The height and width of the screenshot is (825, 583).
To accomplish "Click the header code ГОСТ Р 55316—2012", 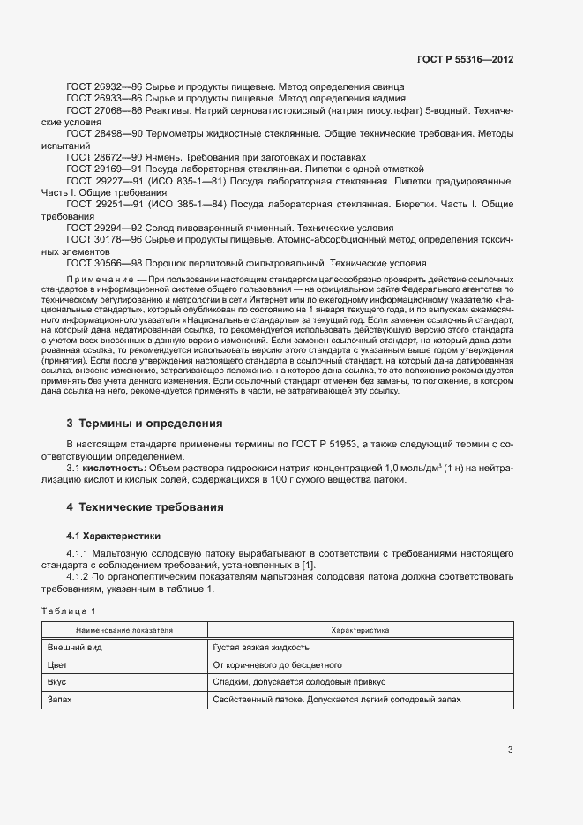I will (465, 60).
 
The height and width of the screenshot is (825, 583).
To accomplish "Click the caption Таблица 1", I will (69, 611).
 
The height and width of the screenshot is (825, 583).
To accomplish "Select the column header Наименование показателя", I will (124, 631).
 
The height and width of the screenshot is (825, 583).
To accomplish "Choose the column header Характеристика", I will (360, 631).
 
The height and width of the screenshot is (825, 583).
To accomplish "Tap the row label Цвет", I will (57, 664).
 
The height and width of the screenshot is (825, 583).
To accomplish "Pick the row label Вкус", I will (57, 682).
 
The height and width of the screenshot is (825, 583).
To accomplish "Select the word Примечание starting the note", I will (93, 278).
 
